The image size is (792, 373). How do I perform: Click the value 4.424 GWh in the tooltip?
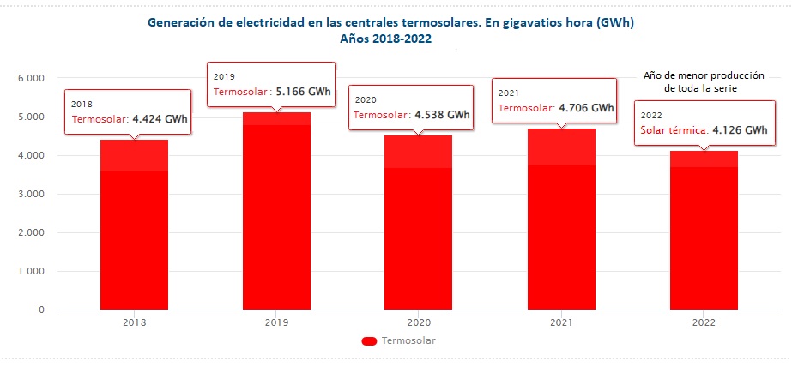[160, 119]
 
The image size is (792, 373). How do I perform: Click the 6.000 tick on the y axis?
[31, 78]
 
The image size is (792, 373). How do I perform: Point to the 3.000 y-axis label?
[31, 195]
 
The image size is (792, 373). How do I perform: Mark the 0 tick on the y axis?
[41, 310]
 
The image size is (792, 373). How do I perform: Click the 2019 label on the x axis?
[276, 323]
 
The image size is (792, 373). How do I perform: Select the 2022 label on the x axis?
[703, 323]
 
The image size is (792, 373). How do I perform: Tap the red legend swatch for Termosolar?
[370, 341]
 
